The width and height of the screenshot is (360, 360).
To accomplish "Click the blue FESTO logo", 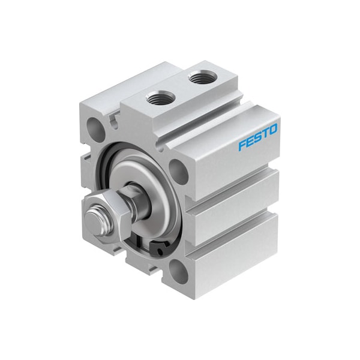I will pyautogui.click(x=257, y=137).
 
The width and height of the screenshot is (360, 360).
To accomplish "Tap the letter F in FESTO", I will pyautogui.click(x=242, y=145).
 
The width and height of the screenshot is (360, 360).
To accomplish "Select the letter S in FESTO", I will pyautogui.click(x=257, y=137).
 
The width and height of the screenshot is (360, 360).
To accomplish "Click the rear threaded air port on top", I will pyautogui.click(x=197, y=77).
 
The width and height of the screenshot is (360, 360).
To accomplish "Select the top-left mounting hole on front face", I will pyautogui.click(x=95, y=127).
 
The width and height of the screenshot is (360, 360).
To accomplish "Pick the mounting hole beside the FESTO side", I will pyautogui.click(x=178, y=172).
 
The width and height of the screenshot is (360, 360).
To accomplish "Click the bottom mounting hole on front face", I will pyautogui.click(x=178, y=273).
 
